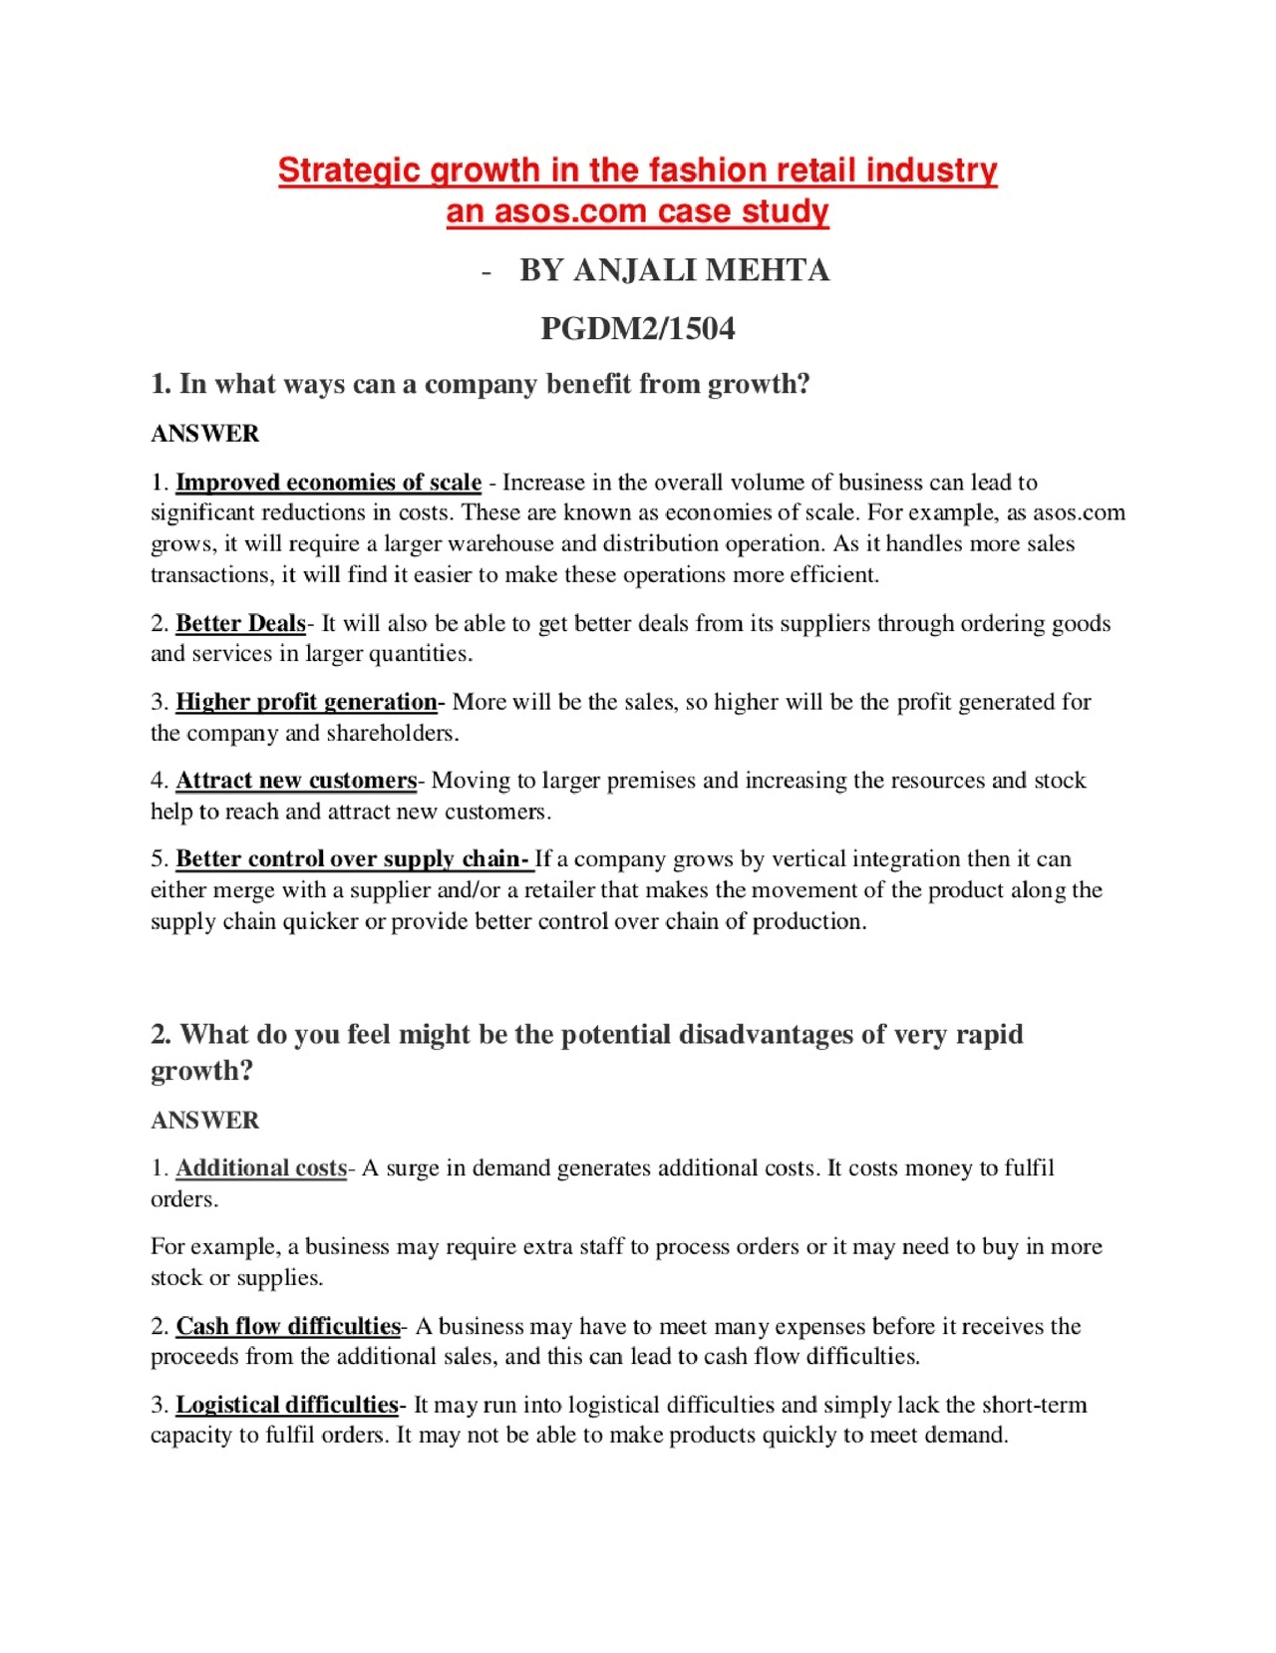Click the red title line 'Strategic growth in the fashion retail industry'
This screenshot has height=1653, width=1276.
[637, 170]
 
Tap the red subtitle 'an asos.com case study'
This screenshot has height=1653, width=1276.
[637, 211]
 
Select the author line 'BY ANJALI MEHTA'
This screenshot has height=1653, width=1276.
[674, 270]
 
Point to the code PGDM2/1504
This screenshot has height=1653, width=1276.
[637, 328]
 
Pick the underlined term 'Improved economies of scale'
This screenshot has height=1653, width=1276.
[328, 483]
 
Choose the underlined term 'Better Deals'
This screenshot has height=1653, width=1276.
[240, 623]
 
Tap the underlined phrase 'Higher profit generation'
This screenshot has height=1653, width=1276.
[306, 702]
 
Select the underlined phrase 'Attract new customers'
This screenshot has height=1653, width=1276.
[296, 780]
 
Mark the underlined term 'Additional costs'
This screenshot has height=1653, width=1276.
[261, 1167]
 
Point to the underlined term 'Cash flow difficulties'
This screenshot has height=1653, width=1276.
[288, 1326]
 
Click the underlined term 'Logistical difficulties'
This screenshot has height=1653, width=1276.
[287, 1405]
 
